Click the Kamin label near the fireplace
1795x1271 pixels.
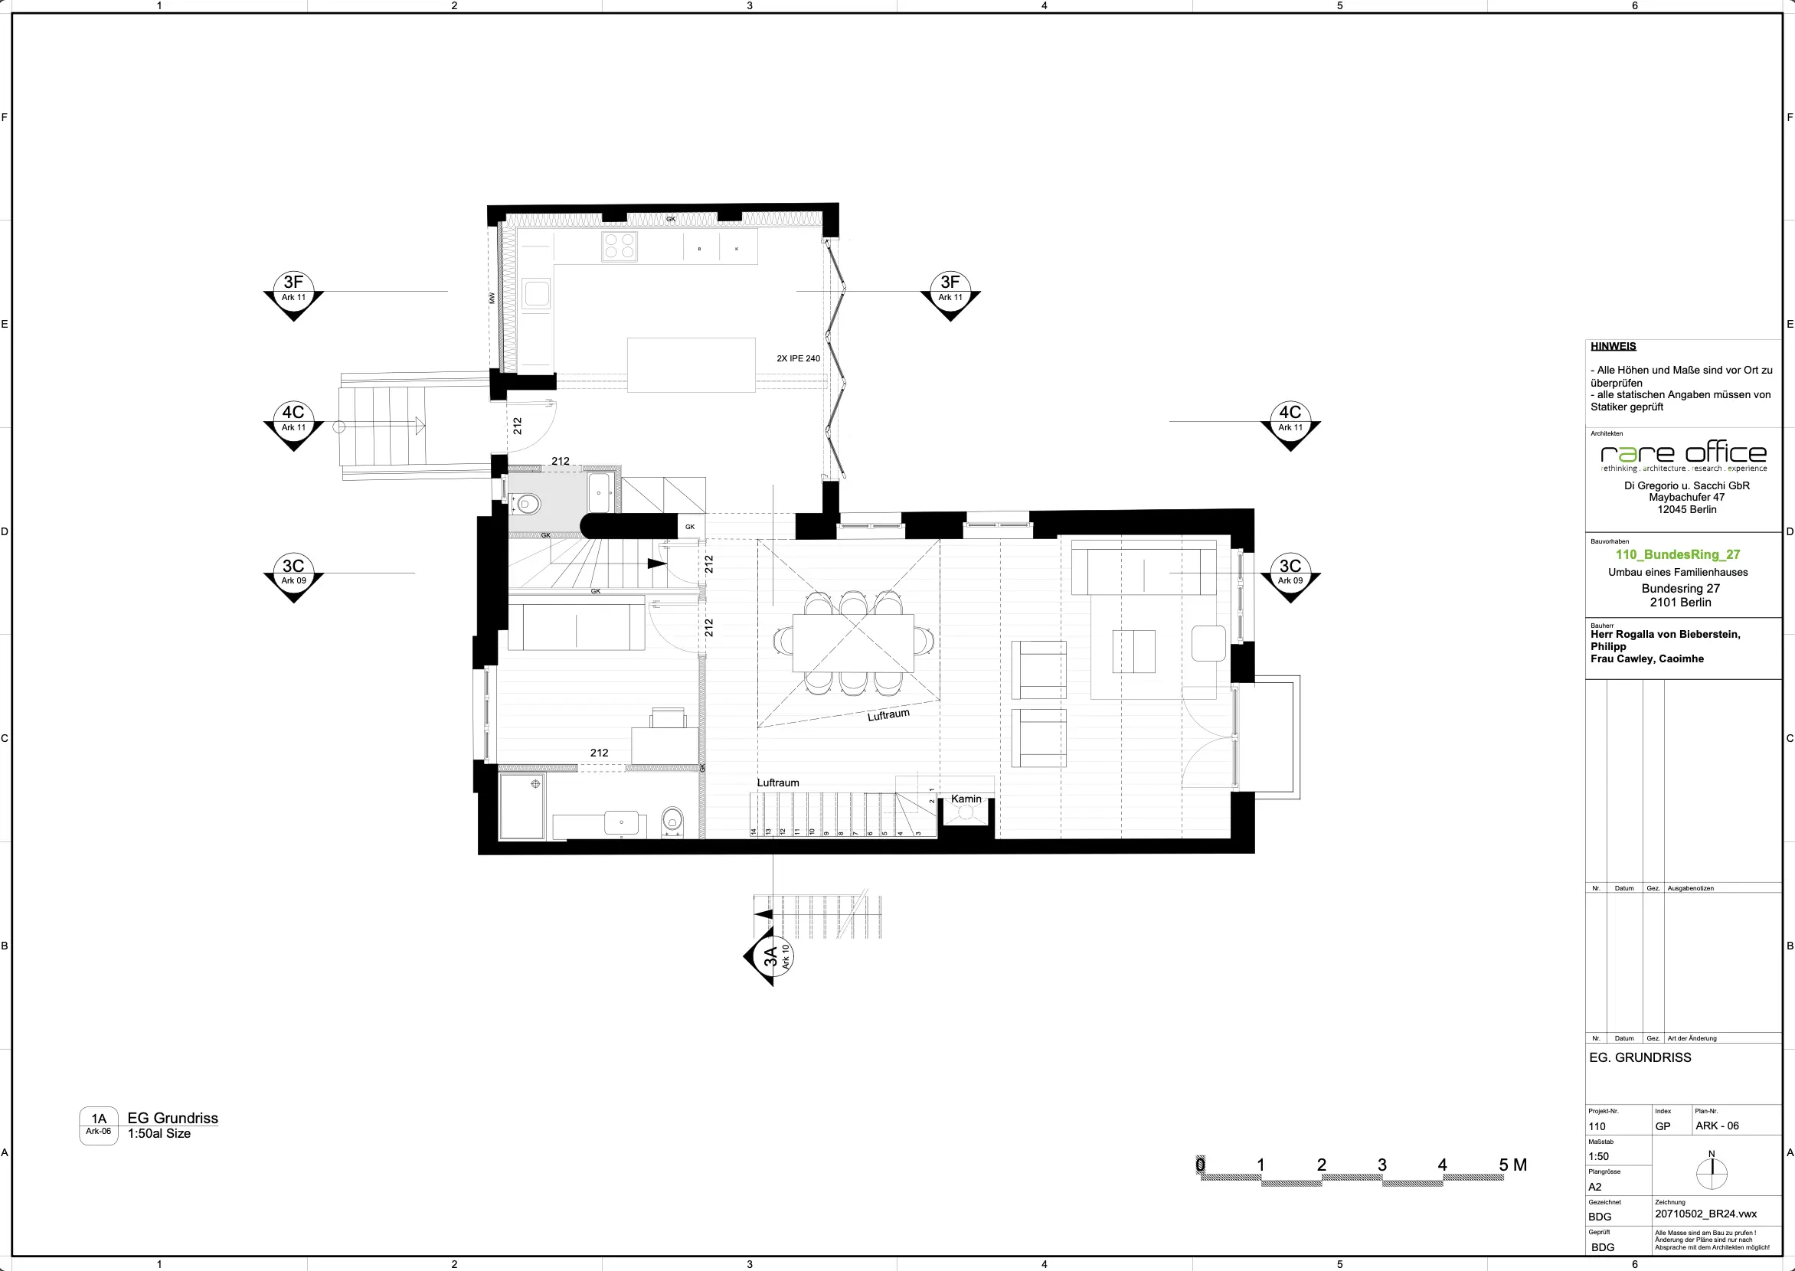966,799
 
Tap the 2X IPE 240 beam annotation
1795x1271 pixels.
798,358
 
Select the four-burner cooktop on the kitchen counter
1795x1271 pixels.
620,246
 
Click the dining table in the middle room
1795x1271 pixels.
853,642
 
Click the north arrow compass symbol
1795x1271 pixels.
1712,1171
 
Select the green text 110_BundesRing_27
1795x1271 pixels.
1678,554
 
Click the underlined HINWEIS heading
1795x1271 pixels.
1613,346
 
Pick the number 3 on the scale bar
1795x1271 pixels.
1381,1165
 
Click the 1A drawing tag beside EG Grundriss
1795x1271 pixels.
99,1125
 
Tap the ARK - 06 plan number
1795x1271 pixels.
1717,1126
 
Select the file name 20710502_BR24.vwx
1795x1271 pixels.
1705,1214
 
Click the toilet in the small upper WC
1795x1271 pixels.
528,503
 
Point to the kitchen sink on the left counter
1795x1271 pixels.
537,294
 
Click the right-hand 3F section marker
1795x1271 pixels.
950,288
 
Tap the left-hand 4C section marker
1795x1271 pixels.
293,418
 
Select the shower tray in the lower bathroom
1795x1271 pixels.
522,806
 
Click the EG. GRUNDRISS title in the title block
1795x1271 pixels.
1640,1057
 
